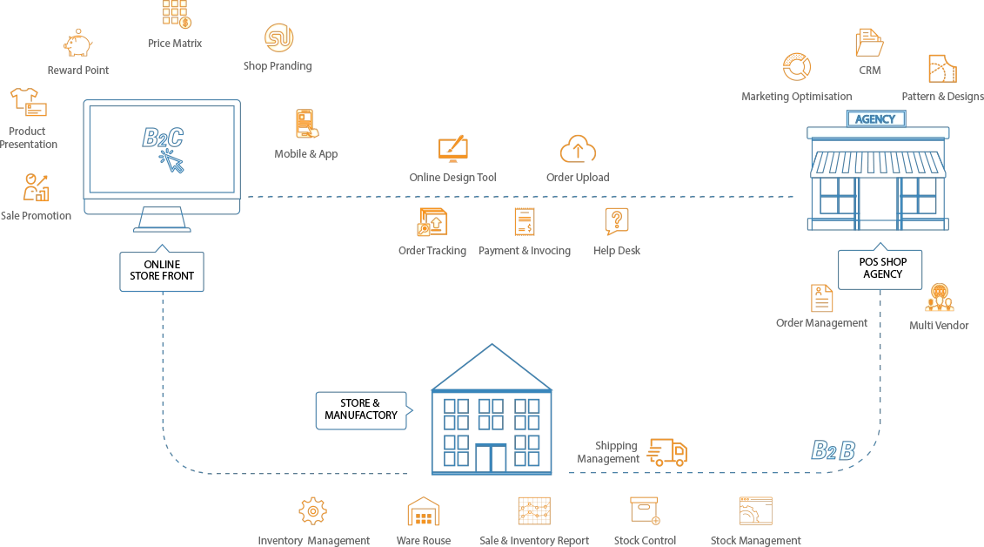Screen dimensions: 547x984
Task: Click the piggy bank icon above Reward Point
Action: click(78, 43)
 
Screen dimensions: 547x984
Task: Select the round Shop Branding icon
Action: click(278, 37)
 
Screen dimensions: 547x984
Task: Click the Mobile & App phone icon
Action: click(305, 124)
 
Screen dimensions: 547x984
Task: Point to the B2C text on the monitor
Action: click(163, 138)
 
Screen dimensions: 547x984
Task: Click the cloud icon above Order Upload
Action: click(578, 149)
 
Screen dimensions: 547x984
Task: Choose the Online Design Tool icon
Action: click(452, 149)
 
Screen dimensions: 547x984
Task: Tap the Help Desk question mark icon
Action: click(616, 221)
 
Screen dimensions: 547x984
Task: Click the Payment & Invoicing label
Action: click(525, 251)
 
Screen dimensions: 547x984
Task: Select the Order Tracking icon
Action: click(432, 222)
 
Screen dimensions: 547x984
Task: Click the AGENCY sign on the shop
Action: click(875, 119)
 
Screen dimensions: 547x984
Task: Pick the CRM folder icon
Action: click(869, 43)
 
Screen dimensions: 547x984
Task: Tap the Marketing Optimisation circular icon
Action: click(796, 67)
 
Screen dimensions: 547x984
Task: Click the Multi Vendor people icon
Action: click(939, 299)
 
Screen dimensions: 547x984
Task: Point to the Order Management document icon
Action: click(821, 298)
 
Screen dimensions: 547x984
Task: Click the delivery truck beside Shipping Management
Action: click(668, 451)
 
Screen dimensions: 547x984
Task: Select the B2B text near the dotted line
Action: click(833, 450)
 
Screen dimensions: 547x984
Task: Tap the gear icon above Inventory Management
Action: click(312, 510)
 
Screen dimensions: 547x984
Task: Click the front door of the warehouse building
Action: click(496, 458)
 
